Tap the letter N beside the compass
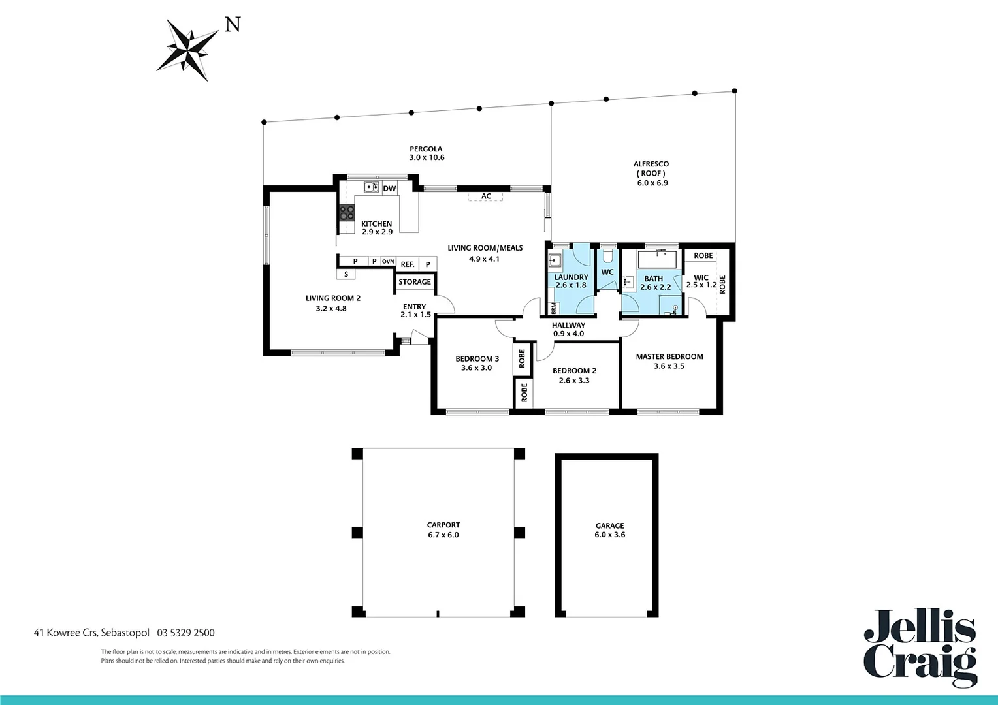click(x=233, y=25)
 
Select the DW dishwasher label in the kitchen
click(x=389, y=189)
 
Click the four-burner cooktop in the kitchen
click(x=346, y=212)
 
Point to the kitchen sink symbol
click(x=372, y=187)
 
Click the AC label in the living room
click(x=486, y=196)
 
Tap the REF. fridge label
click(x=408, y=264)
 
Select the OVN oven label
click(x=388, y=262)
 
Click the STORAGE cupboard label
click(x=415, y=282)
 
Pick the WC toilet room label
click(x=607, y=272)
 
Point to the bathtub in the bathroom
click(x=658, y=259)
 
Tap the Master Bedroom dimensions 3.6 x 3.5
click(x=669, y=366)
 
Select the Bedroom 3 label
click(x=477, y=358)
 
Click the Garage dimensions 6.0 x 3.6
click(x=609, y=535)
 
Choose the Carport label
click(x=443, y=525)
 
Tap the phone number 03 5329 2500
click(x=185, y=633)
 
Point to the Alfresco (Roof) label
click(x=651, y=168)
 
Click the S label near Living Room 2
click(x=346, y=274)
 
